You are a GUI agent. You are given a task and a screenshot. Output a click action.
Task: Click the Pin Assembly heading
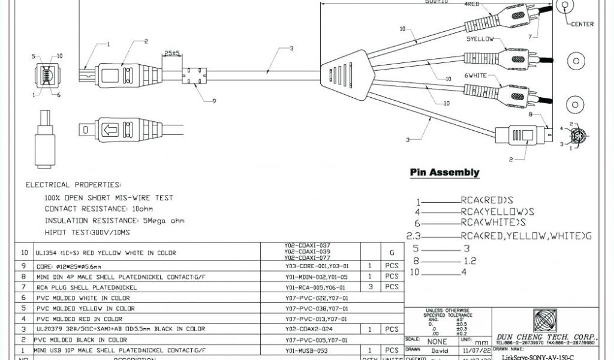pos(444,173)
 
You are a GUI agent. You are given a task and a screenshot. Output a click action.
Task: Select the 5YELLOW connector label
pos(480,39)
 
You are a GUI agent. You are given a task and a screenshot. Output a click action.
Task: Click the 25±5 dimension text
pos(173,53)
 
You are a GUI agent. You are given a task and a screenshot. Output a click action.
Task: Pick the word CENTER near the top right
pos(582,24)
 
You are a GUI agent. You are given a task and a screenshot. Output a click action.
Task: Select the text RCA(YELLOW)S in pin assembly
pos(497,211)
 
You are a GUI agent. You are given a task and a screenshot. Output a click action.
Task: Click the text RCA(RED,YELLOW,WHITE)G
pos(526,235)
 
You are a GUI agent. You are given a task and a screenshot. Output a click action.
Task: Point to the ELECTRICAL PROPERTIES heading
pos(73,185)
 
